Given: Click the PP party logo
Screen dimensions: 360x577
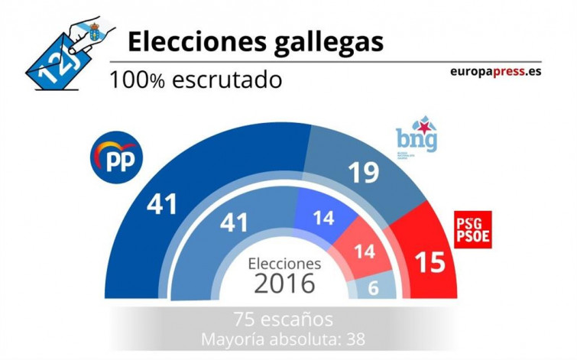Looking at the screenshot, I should (x=115, y=157).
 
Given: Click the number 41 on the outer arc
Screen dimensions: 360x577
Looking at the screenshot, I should (x=161, y=204).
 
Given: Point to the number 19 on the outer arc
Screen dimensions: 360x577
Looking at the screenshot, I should (x=363, y=173).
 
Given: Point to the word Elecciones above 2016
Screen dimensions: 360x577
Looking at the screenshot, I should (x=284, y=263).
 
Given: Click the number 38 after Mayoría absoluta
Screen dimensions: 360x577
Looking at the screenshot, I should (x=356, y=337).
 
